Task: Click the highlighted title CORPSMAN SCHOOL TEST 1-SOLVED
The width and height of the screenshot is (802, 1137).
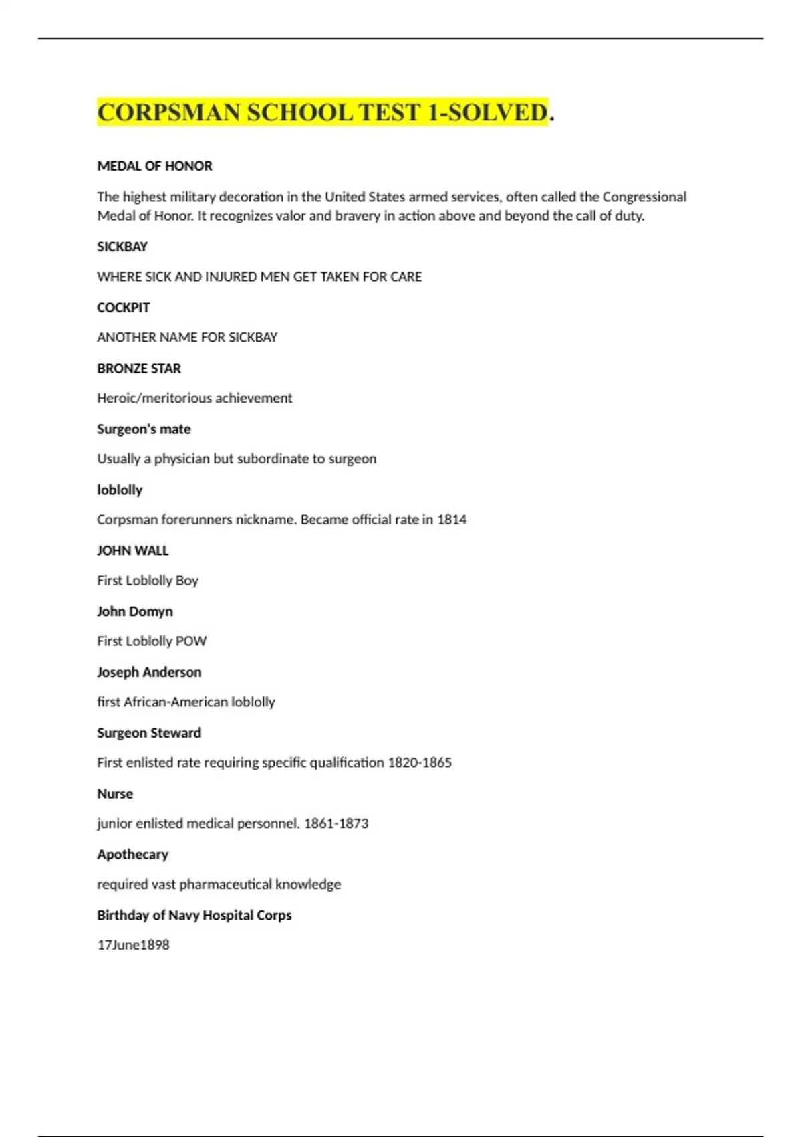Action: [x=323, y=112]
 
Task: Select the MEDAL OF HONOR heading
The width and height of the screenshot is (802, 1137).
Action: [x=154, y=166]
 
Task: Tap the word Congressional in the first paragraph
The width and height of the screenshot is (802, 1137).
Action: [x=644, y=197]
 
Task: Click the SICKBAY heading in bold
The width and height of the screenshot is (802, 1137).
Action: [x=122, y=247]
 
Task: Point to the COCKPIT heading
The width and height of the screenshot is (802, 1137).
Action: [x=123, y=308]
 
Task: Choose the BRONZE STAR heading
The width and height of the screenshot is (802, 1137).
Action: [x=139, y=369]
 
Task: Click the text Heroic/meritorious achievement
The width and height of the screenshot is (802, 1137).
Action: [x=194, y=398]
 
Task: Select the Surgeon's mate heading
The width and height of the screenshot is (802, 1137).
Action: [x=144, y=429]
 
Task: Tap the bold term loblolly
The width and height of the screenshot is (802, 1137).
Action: [x=120, y=490]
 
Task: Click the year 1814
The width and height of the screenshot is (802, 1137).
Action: [x=452, y=520]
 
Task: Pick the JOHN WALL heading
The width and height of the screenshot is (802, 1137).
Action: [x=132, y=550]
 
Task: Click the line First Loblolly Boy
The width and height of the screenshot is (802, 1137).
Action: [x=148, y=581]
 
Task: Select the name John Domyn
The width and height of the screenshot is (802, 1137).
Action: [x=134, y=611]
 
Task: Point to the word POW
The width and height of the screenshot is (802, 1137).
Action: [x=191, y=641]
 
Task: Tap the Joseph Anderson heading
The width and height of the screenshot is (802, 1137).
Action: [x=149, y=672]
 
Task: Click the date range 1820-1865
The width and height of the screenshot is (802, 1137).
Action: [x=420, y=762]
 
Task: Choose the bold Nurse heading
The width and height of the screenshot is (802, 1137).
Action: [x=115, y=794]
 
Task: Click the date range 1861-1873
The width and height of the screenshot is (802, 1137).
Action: [x=336, y=823]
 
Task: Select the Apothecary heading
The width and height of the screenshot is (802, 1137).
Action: [x=132, y=855]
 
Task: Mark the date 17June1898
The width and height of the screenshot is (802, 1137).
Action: [x=133, y=945]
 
